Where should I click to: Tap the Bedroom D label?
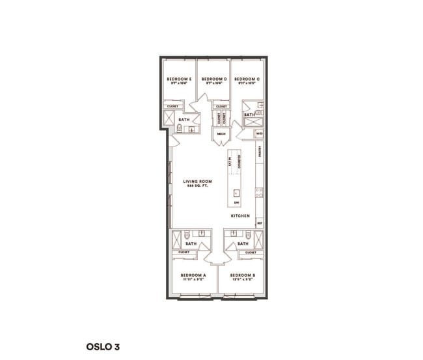point(214,79)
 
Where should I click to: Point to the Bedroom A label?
point(193,275)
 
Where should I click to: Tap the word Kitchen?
point(239,215)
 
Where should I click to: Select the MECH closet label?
point(221,133)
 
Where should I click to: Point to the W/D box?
point(259,134)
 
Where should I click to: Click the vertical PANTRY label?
point(259,152)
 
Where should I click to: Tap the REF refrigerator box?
point(259,223)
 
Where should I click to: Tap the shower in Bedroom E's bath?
point(168,117)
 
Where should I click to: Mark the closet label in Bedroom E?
point(173,105)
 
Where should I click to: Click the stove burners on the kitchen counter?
point(259,193)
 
